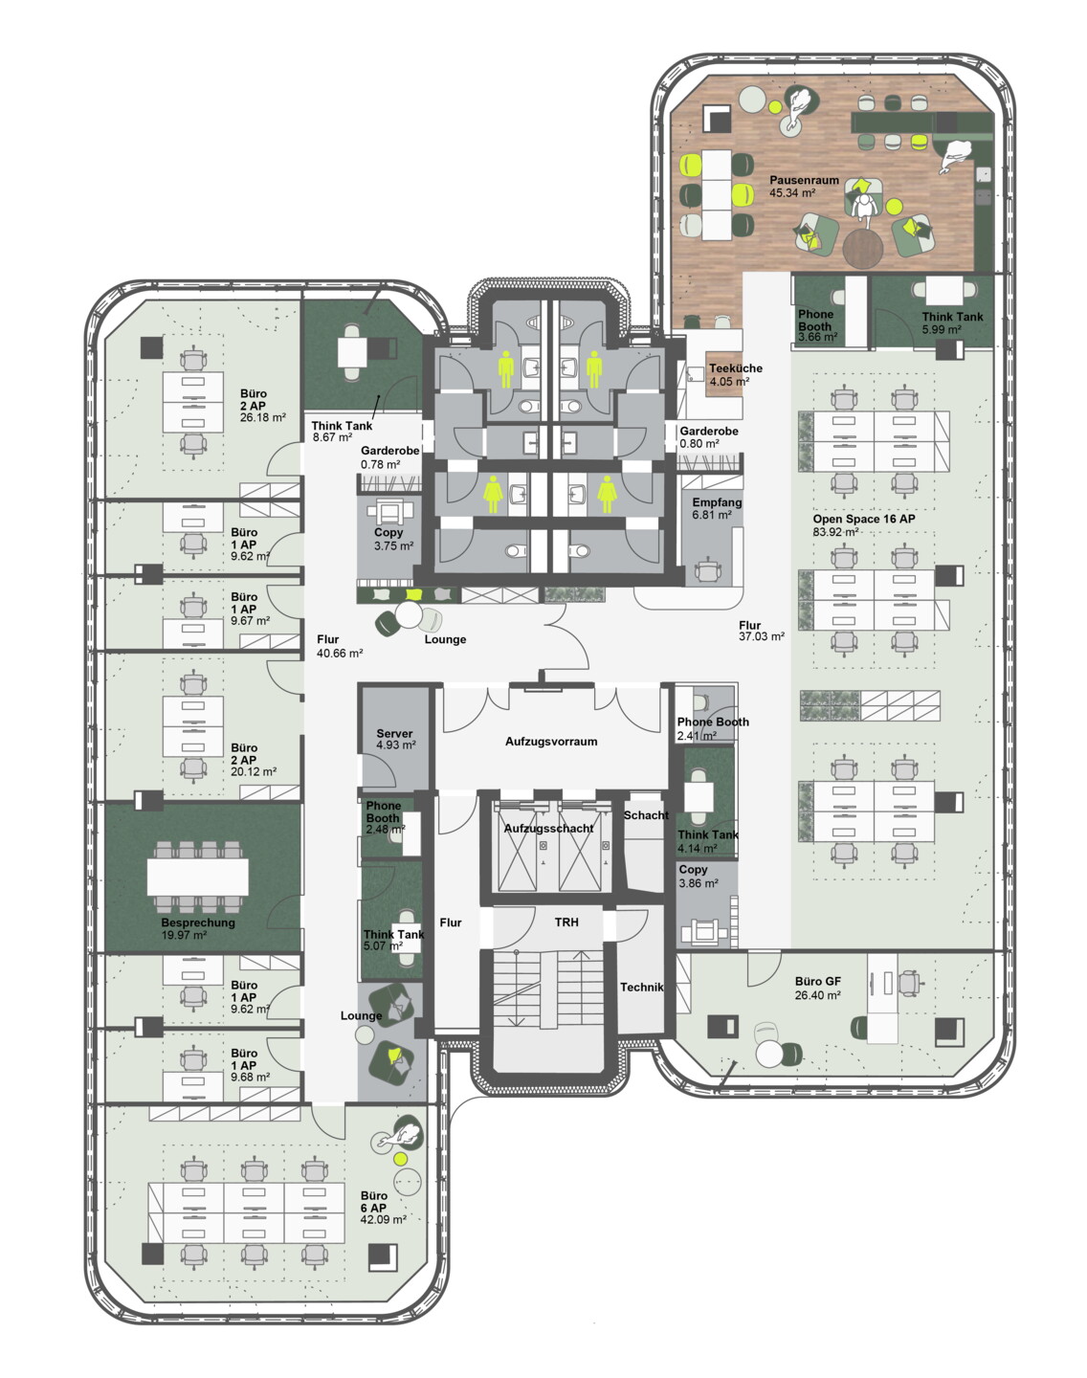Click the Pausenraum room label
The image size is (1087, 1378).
click(x=804, y=180)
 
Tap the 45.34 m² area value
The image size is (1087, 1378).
click(x=792, y=192)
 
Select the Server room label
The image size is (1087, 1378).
click(x=394, y=733)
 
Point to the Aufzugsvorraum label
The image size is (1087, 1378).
click(x=551, y=742)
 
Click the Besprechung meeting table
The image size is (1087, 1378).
click(x=198, y=877)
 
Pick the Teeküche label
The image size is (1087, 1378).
click(x=735, y=368)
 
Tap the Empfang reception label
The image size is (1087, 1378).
click(x=717, y=502)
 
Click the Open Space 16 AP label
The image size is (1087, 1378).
click(x=864, y=519)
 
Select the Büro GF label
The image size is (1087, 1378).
click(x=818, y=981)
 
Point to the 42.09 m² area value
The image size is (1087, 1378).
click(x=383, y=1219)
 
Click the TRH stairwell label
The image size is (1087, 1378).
click(x=566, y=922)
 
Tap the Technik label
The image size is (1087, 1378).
click(x=642, y=988)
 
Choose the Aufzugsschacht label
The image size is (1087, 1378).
click(x=548, y=828)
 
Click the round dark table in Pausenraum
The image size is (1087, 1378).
click(x=863, y=249)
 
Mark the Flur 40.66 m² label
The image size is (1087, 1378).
click(x=340, y=646)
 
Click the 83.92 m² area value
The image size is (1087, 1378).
click(x=836, y=531)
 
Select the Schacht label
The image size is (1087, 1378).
click(x=646, y=815)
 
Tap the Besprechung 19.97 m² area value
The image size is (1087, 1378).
click(x=184, y=935)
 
